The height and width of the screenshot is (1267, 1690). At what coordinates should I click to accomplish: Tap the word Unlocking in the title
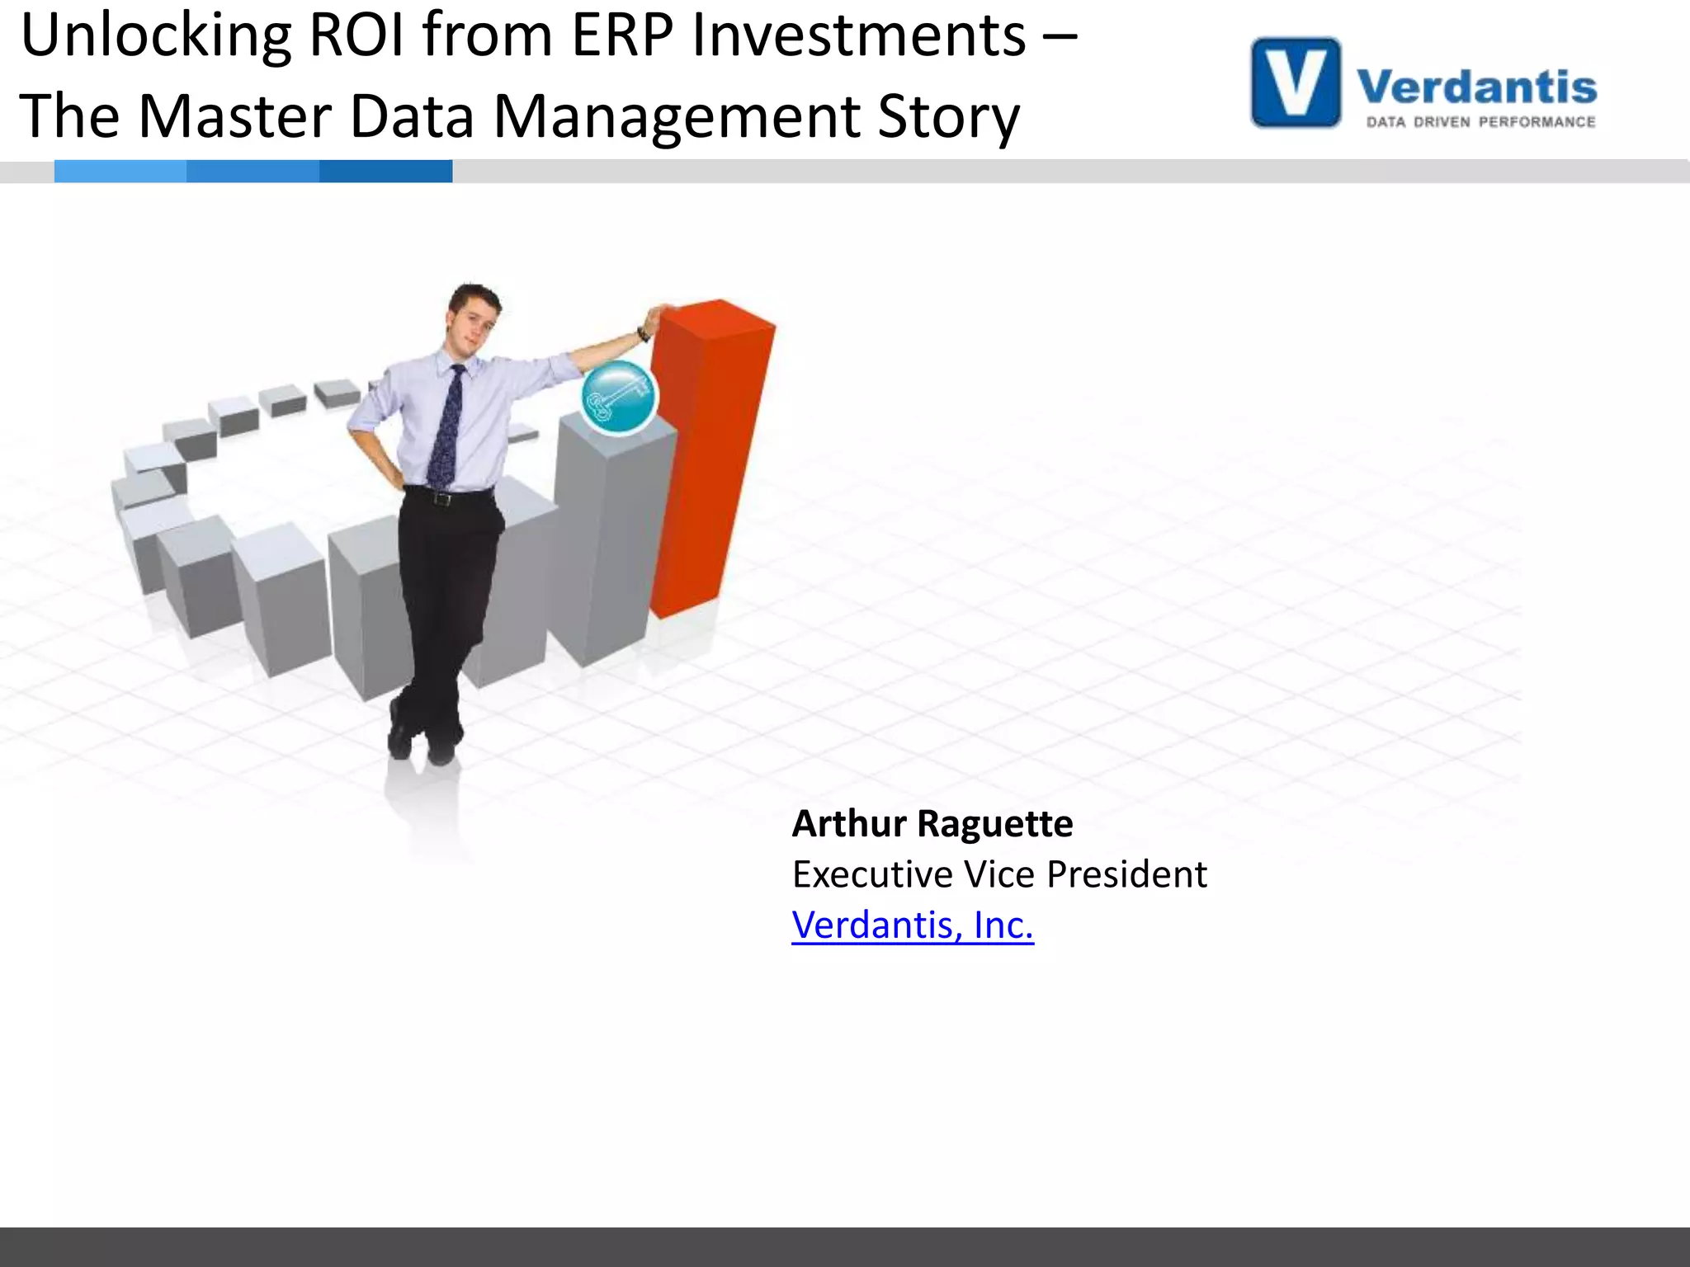tap(156, 37)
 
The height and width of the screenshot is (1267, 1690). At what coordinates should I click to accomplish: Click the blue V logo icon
tap(1296, 82)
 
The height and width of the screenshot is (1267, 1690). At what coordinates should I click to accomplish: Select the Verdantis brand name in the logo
tap(1476, 87)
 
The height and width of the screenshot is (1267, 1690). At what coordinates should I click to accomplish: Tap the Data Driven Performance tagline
tap(1480, 122)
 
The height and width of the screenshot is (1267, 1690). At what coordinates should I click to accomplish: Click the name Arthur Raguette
tap(932, 823)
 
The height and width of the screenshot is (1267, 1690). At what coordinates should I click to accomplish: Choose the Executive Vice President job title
tap(999, 874)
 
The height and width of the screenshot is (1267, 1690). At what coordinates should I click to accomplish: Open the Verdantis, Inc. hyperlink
tap(913, 926)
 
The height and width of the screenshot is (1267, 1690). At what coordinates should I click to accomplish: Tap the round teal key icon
tap(619, 398)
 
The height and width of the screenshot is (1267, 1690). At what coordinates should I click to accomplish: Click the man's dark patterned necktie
tap(446, 429)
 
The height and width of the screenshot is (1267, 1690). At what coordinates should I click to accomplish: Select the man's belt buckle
tap(443, 498)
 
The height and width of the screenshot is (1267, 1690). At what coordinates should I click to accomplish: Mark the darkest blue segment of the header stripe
tap(385, 171)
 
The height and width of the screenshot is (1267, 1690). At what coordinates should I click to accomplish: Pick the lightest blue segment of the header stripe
tap(120, 171)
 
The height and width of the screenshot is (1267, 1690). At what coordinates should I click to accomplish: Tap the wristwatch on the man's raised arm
tap(642, 334)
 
